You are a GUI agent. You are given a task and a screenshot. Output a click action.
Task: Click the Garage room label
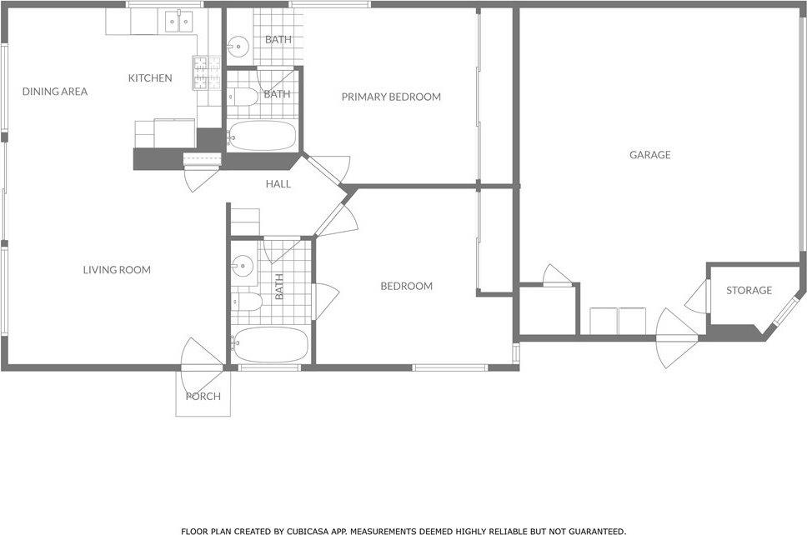point(649,154)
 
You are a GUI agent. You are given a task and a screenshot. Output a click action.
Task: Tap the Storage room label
point(749,290)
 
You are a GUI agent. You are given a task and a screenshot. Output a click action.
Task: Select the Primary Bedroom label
point(391,97)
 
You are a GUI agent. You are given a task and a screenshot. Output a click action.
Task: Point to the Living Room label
point(117,269)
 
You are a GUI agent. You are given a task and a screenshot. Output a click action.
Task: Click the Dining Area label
point(55,92)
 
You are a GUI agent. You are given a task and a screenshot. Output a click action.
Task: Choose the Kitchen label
point(150,78)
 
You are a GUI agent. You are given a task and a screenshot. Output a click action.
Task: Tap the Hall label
point(278,183)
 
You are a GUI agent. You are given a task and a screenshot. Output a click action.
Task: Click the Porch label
point(203,396)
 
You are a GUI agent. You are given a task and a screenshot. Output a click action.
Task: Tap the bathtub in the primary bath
point(261,136)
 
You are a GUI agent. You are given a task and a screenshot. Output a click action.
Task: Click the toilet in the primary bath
point(244,96)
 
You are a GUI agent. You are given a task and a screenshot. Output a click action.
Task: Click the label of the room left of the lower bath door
point(279,286)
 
